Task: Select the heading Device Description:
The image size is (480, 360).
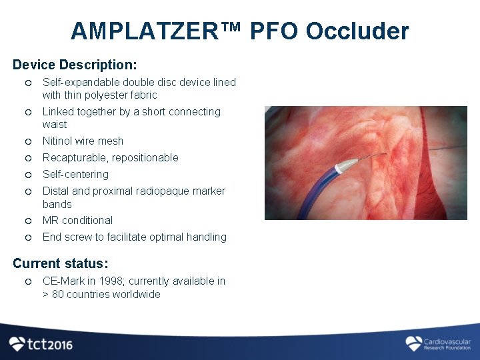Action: tap(75, 65)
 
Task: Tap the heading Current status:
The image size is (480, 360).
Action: tap(61, 263)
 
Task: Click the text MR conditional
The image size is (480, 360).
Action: tap(77, 220)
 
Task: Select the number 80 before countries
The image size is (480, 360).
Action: tap(58, 294)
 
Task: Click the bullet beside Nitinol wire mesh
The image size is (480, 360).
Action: tap(28, 141)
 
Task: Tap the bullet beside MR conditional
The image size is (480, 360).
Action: tap(28, 221)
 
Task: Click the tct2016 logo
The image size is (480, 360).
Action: tap(41, 344)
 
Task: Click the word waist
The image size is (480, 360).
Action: tap(55, 124)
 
